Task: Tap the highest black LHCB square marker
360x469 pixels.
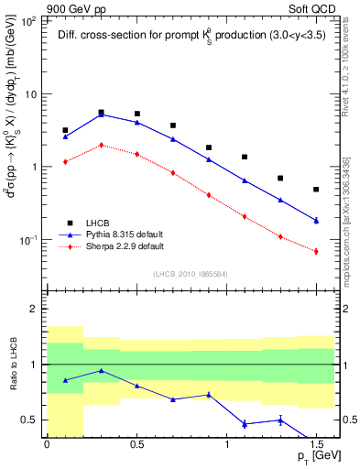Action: click(101, 113)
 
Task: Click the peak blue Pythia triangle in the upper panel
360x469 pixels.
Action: click(101, 115)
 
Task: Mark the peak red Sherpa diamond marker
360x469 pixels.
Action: click(101, 145)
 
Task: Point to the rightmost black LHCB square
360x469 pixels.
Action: click(316, 190)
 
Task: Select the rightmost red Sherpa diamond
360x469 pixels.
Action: click(316, 251)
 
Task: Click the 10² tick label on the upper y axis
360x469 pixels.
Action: click(30, 21)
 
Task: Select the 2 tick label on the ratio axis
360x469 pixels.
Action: click(34, 310)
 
